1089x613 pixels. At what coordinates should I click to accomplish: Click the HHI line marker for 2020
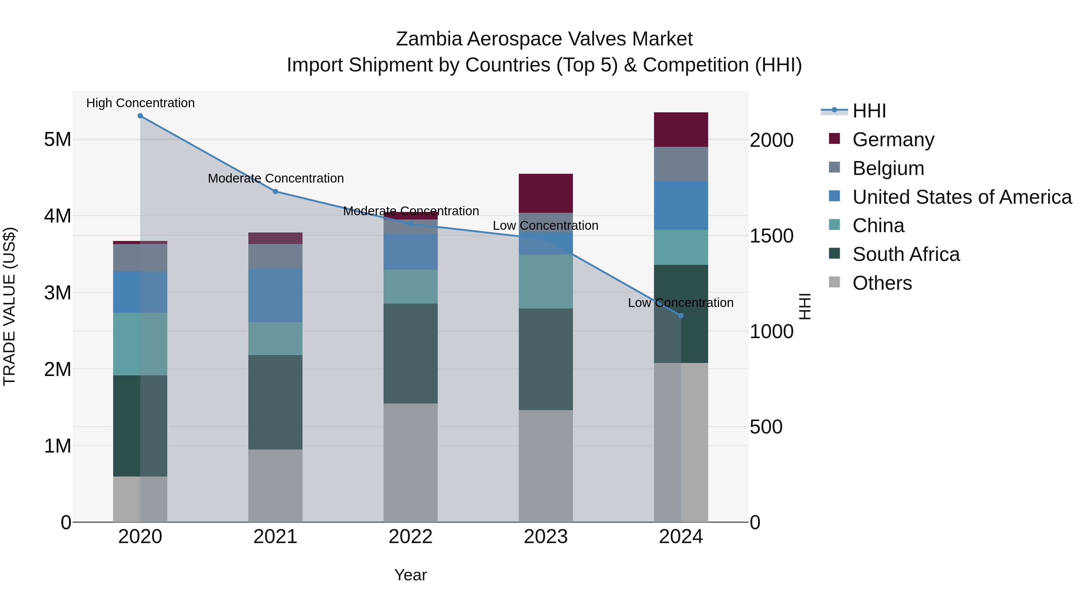point(140,116)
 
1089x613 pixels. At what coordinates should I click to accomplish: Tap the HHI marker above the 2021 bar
point(275,192)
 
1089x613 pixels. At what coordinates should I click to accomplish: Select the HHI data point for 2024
point(681,316)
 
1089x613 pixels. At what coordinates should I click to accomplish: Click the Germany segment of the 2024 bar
point(681,130)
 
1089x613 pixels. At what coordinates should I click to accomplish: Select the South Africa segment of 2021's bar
point(275,402)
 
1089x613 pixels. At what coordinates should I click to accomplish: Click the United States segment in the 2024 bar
point(681,206)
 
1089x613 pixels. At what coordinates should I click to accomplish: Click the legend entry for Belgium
point(888,168)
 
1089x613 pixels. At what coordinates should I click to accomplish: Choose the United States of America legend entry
point(962,197)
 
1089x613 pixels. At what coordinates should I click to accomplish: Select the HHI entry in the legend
point(869,111)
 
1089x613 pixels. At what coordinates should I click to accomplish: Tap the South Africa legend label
point(905,255)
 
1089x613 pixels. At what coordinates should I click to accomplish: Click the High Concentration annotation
point(140,103)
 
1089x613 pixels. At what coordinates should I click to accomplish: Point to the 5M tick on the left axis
point(57,140)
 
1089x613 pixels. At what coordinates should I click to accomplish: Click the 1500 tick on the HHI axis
point(771,236)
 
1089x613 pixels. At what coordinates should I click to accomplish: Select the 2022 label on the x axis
point(410,537)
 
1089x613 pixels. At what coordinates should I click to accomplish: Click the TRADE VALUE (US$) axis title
point(9,306)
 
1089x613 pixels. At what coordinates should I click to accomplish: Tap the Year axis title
point(410,575)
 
